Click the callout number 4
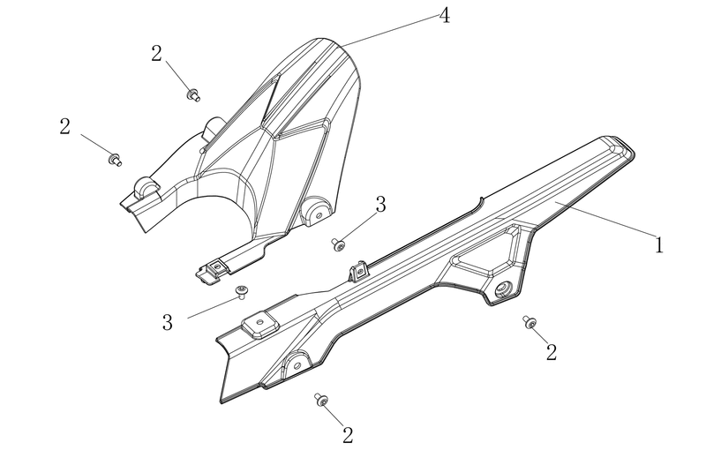pyautogui.click(x=445, y=16)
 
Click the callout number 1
pyautogui.click(x=658, y=245)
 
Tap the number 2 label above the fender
pyautogui.click(x=156, y=54)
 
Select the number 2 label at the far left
pyautogui.click(x=64, y=126)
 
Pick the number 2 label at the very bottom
pyautogui.click(x=348, y=435)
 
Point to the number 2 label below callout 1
pyautogui.click(x=552, y=352)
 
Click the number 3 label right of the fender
pyautogui.click(x=381, y=205)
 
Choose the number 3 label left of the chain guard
pyautogui.click(x=168, y=323)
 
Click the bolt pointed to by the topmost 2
pyautogui.click(x=193, y=95)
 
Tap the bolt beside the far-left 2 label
pyautogui.click(x=115, y=160)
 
